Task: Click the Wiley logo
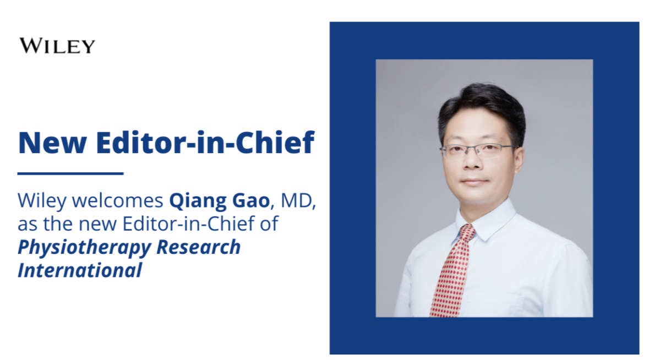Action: pos(57,46)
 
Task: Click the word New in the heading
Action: pos(52,143)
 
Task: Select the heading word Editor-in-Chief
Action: pos(205,143)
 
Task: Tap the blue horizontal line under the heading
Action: pos(70,173)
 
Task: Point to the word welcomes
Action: pos(118,200)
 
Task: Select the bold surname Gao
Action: pos(251,201)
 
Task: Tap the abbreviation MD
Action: pos(297,201)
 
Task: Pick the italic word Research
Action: pos(199,247)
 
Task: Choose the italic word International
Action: pos(80,270)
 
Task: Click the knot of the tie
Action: pos(466,233)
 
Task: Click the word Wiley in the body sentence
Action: pos(42,201)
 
